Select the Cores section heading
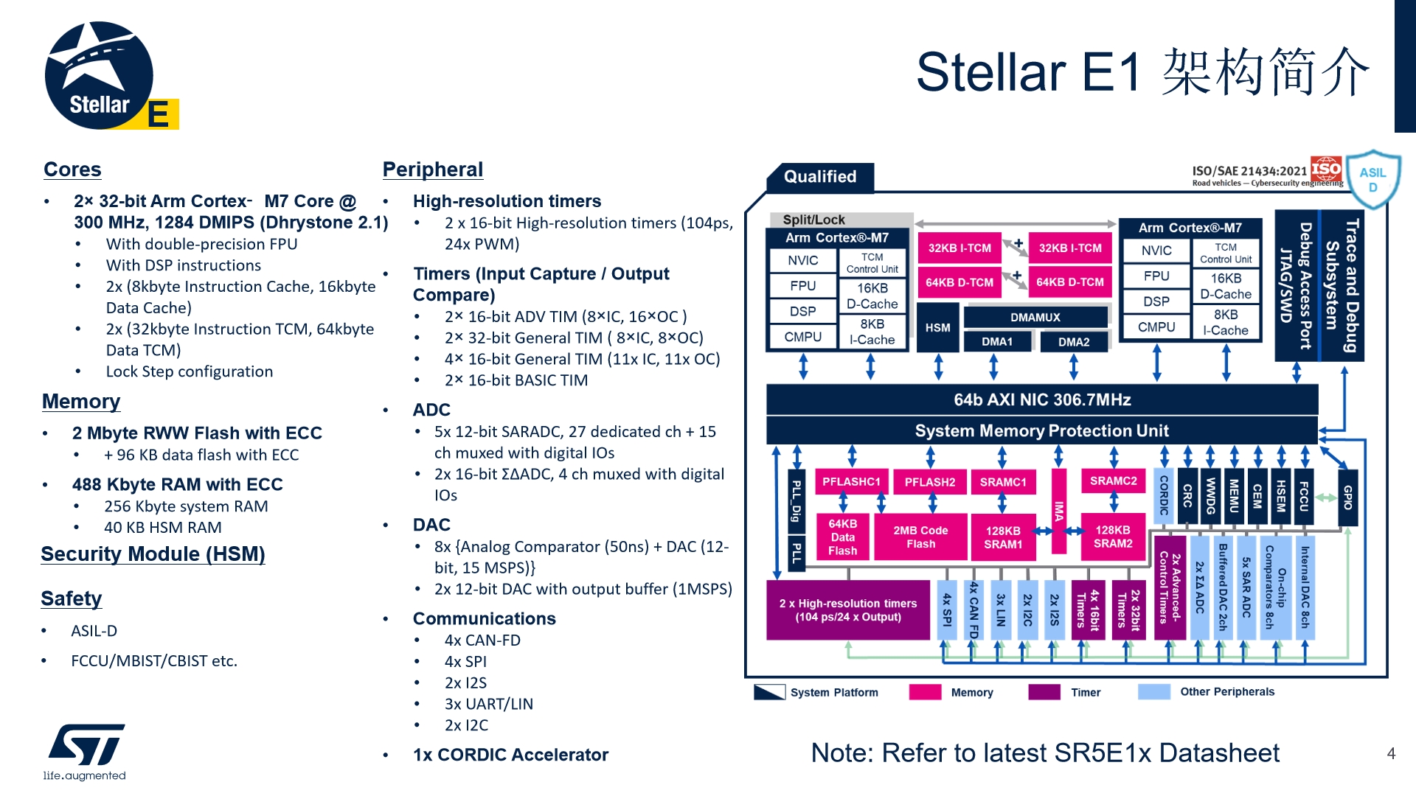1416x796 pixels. (x=72, y=170)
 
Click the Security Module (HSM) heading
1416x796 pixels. (x=153, y=554)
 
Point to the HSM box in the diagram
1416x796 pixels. (x=937, y=328)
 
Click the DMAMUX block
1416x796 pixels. (x=1035, y=318)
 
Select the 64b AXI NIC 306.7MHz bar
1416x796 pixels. (x=1041, y=400)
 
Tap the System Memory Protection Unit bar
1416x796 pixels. (x=1041, y=431)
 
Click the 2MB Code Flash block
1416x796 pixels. (x=920, y=537)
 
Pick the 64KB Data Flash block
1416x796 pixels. (x=842, y=537)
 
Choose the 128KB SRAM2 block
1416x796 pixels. (x=1112, y=537)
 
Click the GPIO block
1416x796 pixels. (x=1347, y=497)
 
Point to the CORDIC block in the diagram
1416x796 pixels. (x=1164, y=496)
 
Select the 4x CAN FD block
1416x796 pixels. (x=974, y=610)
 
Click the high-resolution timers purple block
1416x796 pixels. (x=848, y=610)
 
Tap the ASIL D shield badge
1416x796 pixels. (x=1372, y=179)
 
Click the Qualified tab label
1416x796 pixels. (x=820, y=177)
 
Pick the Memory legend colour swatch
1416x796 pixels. (x=925, y=692)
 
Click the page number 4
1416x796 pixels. (x=1391, y=753)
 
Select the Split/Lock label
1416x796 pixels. (x=813, y=220)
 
